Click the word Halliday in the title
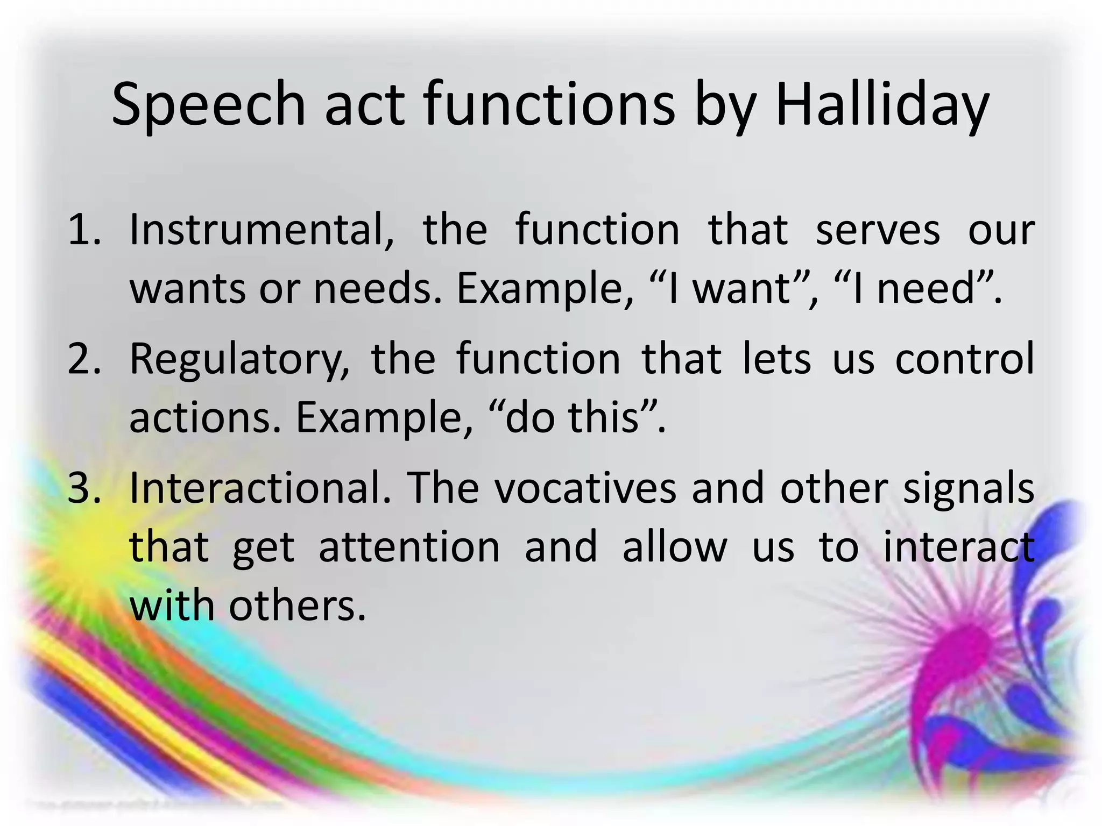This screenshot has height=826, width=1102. [x=881, y=105]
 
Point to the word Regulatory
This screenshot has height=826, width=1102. [x=239, y=359]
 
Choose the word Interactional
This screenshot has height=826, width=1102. [x=260, y=488]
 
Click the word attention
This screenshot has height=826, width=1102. [x=409, y=547]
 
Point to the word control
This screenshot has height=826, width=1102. [x=965, y=359]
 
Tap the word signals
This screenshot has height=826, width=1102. [x=969, y=488]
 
